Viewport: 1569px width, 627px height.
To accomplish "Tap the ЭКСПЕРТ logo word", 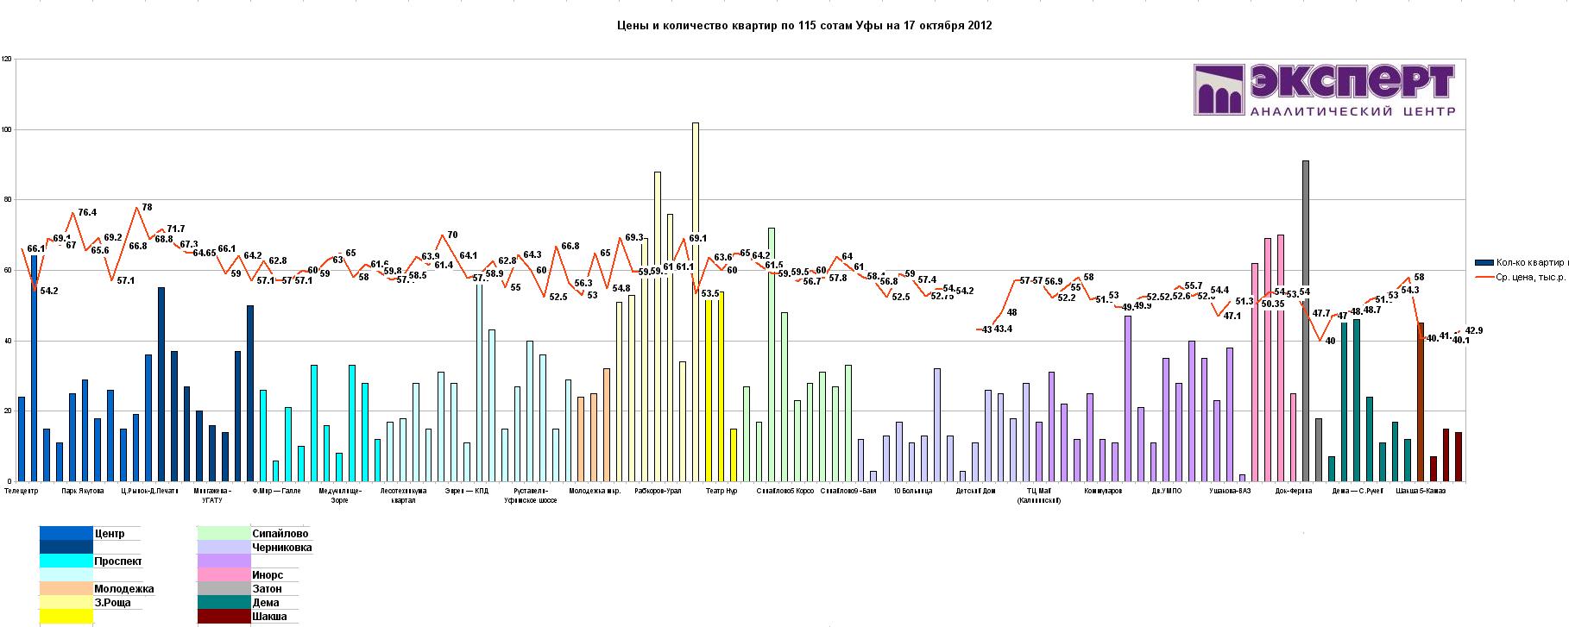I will point(1351,85).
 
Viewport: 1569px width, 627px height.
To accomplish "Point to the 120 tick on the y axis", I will point(7,60).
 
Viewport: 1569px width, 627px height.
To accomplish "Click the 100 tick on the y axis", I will point(7,130).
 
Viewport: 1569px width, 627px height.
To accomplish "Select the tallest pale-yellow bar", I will point(696,302).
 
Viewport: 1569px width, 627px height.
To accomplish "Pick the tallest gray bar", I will point(1306,319).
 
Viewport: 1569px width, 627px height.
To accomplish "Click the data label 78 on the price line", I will point(147,208).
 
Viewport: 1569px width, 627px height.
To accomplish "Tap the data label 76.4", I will point(87,212).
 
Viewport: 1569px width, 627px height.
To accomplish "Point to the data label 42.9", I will point(1473,331).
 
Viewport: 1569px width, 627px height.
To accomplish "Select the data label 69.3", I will point(634,238).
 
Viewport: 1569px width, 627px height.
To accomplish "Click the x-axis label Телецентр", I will point(22,492).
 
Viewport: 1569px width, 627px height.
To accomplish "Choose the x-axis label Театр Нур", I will point(721,492).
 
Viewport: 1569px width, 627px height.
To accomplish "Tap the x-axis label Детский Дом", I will point(975,492).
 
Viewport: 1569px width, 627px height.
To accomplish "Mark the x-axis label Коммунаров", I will point(1104,492).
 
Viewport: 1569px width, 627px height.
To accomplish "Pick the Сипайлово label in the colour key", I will point(280,534).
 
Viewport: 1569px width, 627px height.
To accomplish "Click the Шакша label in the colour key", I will point(269,617).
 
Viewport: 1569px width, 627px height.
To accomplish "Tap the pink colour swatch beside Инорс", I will point(223,575).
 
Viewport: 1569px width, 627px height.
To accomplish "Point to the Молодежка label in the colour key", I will point(123,589).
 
